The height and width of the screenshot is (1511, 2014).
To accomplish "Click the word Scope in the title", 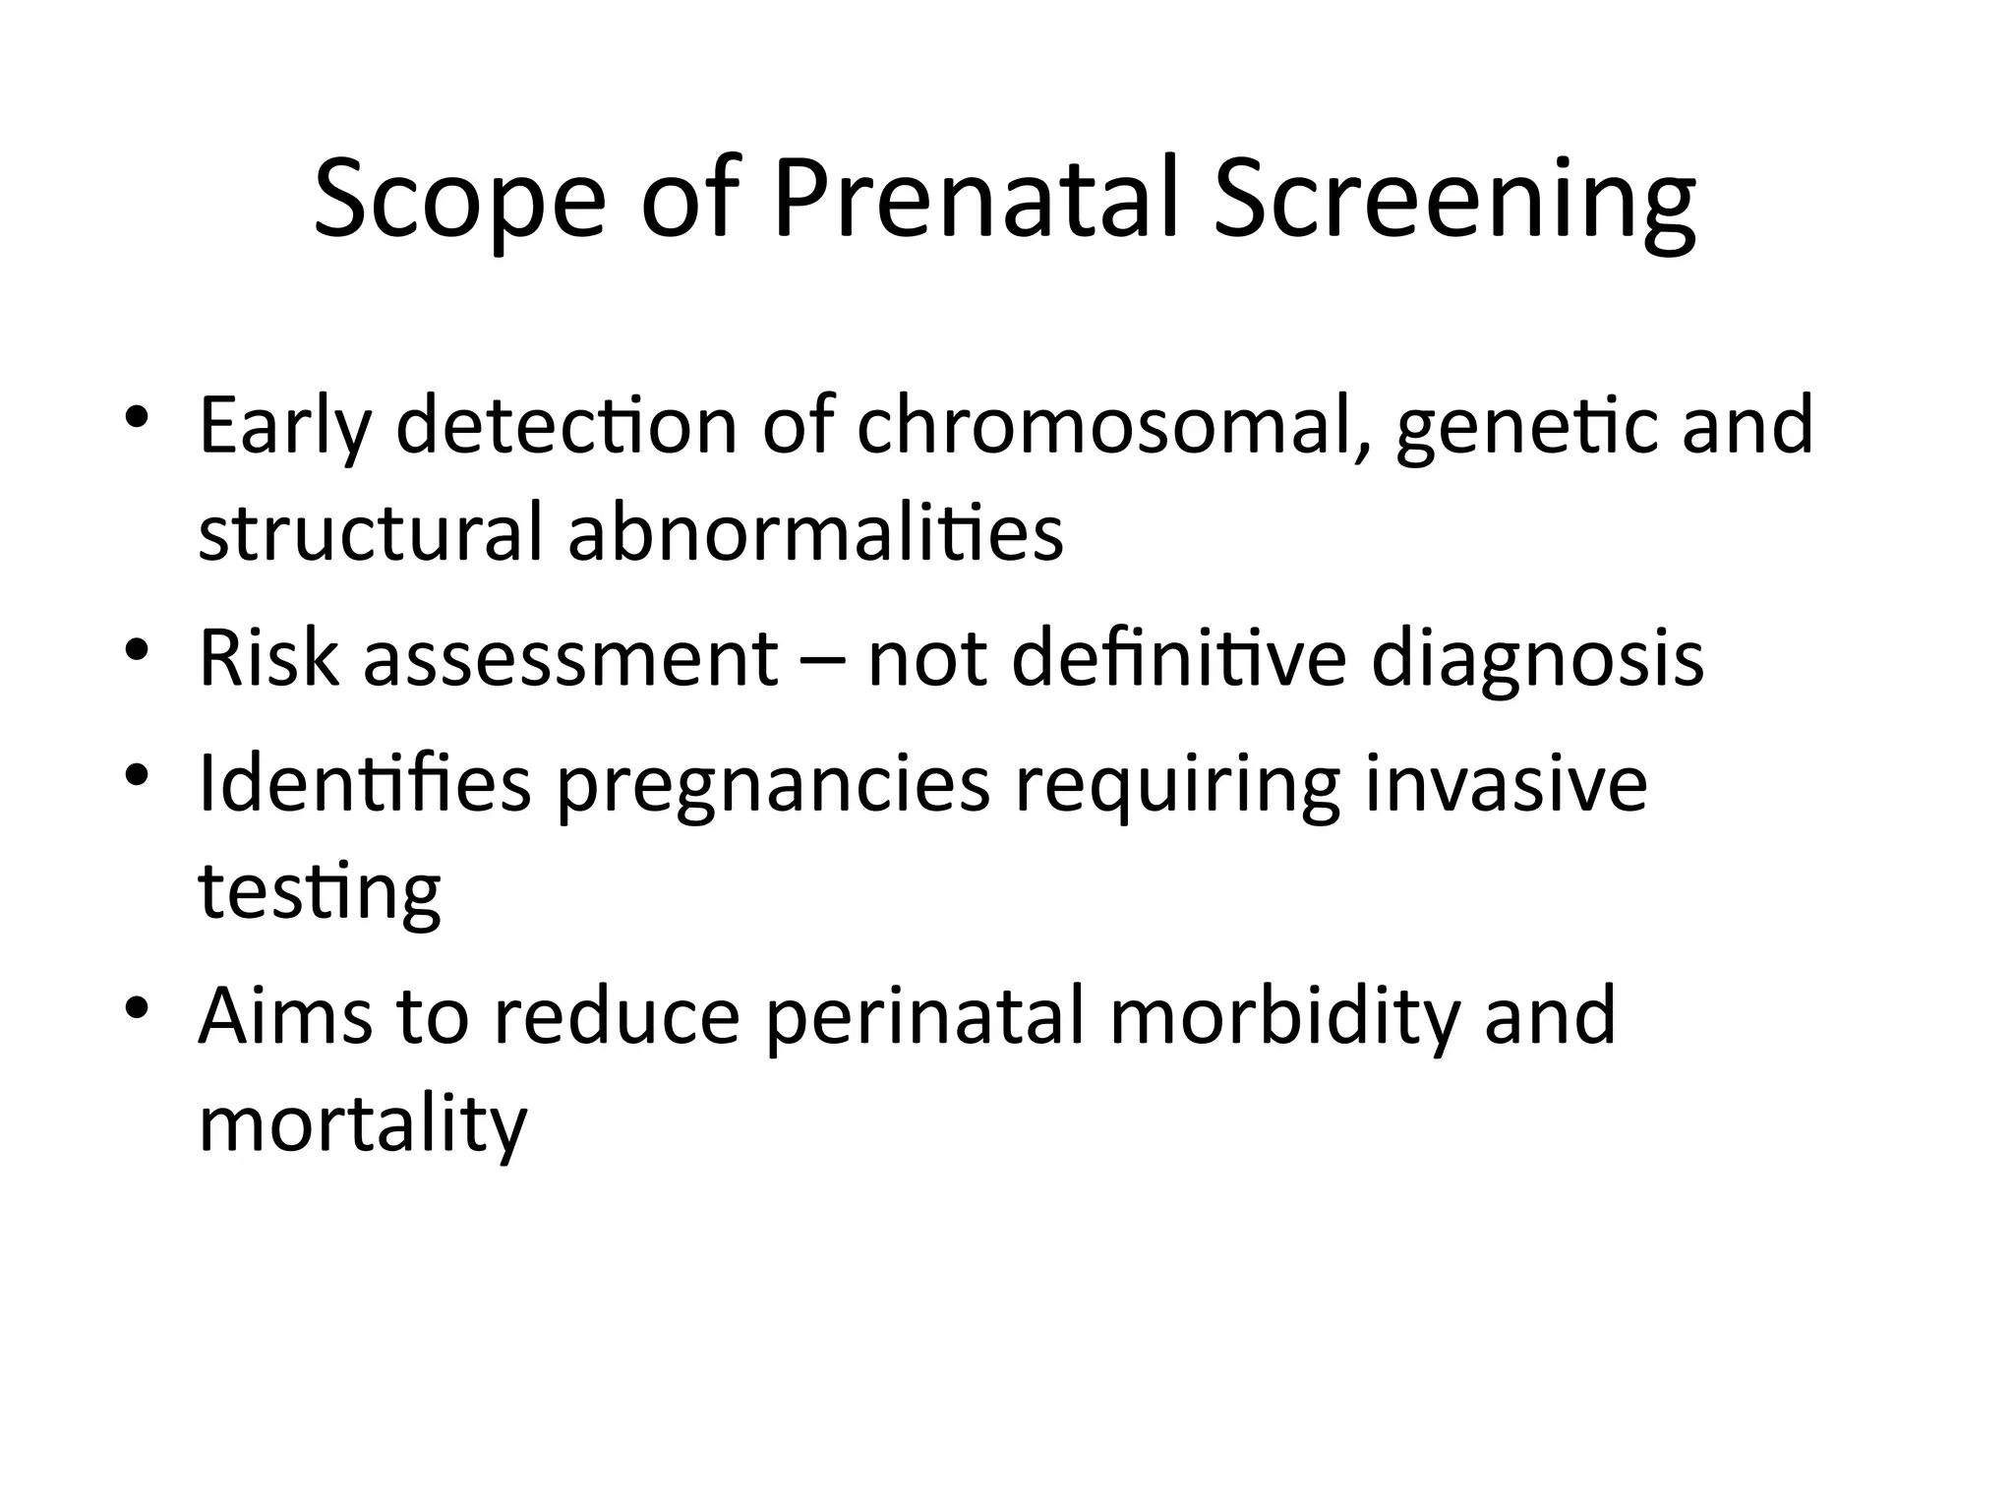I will point(459,202).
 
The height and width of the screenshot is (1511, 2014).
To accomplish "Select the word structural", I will point(371,532).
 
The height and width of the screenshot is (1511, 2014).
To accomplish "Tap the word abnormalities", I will point(815,532).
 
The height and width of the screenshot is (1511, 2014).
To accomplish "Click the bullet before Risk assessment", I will point(137,649).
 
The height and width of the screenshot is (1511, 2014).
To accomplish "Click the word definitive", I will point(1178,657).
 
